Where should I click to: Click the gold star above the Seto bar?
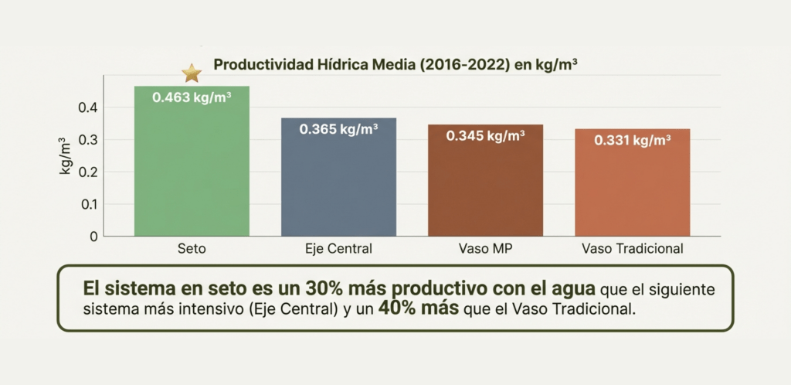(192, 73)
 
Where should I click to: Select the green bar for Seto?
(192, 170)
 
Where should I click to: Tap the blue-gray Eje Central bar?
(338, 186)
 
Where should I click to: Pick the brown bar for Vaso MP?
(485, 189)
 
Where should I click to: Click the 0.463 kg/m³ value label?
(192, 98)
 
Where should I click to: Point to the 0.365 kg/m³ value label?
(338, 129)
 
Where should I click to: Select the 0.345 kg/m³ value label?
(485, 136)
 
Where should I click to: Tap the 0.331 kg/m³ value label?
(632, 141)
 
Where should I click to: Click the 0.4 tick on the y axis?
(88, 107)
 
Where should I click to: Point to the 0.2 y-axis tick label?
(88, 172)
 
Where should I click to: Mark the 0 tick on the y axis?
(93, 236)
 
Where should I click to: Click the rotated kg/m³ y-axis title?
(66, 154)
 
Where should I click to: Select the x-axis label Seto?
(192, 250)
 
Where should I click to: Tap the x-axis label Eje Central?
(338, 250)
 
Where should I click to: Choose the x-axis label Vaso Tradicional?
(632, 250)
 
